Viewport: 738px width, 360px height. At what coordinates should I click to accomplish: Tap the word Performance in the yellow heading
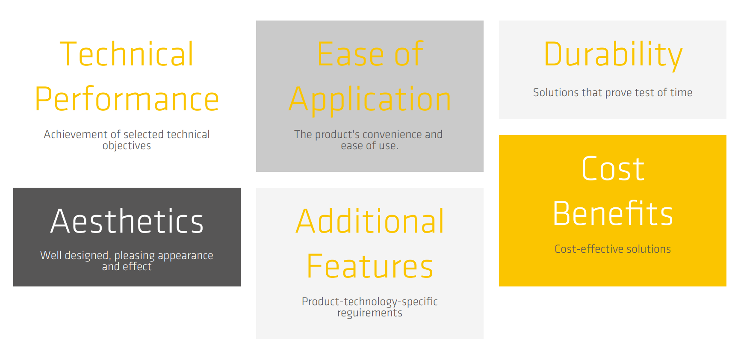[127, 99]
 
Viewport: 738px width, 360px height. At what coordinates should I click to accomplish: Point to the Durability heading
[613, 55]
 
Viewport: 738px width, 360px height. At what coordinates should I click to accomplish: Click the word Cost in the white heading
[613, 168]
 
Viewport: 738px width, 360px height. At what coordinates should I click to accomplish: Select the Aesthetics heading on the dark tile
[127, 221]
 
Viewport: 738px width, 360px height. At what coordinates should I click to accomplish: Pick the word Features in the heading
[370, 266]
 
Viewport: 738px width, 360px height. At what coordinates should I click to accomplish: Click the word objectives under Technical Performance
[127, 146]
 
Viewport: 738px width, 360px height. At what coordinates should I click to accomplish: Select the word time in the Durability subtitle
[681, 92]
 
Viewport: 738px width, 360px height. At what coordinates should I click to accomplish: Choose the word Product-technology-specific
[370, 302]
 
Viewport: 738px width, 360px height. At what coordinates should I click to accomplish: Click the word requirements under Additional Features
[370, 313]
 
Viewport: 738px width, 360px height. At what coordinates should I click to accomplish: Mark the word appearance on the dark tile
[186, 256]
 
